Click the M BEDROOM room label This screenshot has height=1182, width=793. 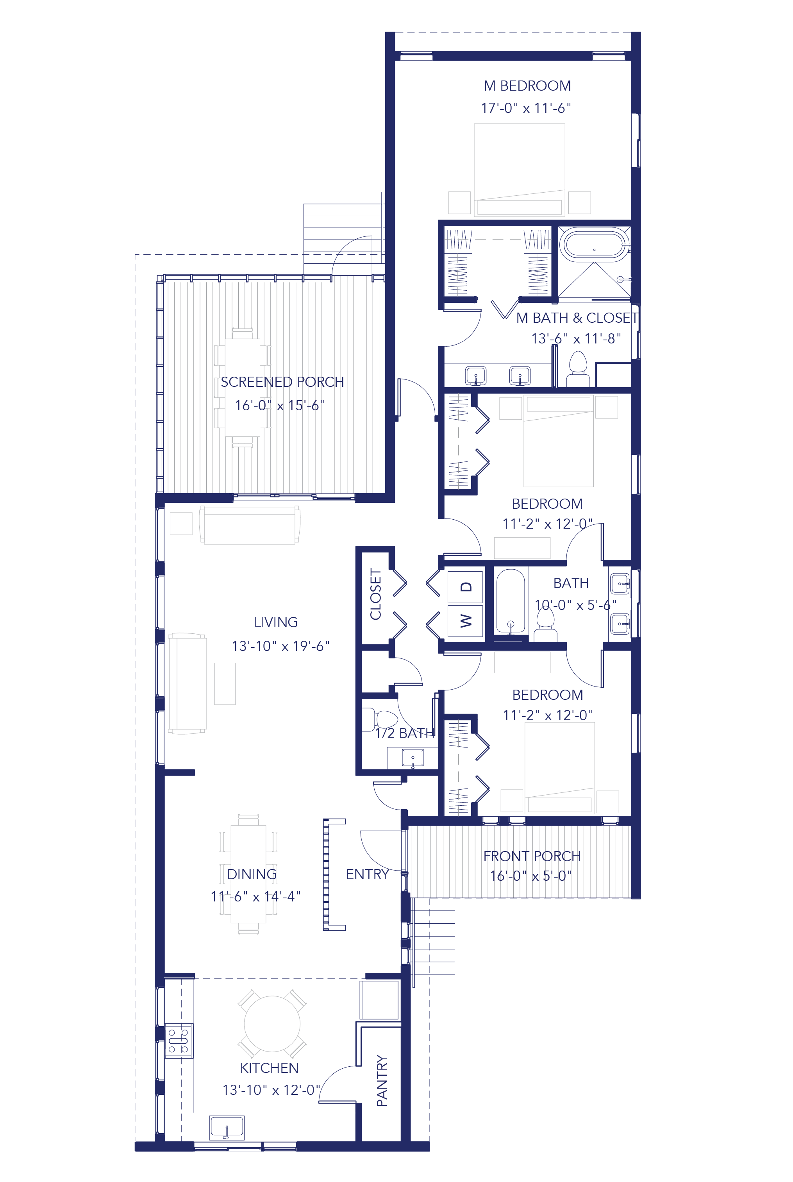pos(527,86)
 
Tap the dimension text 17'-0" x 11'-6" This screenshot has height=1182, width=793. pos(525,108)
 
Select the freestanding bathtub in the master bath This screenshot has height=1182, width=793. pos(594,246)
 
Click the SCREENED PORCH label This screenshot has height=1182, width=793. pos(282,382)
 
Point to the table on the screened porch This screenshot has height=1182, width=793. pos(242,388)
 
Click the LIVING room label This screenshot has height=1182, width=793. pos(276,622)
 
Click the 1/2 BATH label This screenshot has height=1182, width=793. pos(405,733)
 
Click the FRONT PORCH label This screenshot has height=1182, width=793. pos(532,856)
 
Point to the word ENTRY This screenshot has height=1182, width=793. pos(367,874)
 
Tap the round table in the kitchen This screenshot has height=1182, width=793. pos(272,1024)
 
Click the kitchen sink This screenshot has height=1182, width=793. pos(227,1128)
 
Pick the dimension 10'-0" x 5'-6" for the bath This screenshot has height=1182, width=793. pos(575,605)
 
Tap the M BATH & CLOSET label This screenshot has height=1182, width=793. pos(577,318)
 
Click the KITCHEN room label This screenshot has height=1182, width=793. pos(269,1068)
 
